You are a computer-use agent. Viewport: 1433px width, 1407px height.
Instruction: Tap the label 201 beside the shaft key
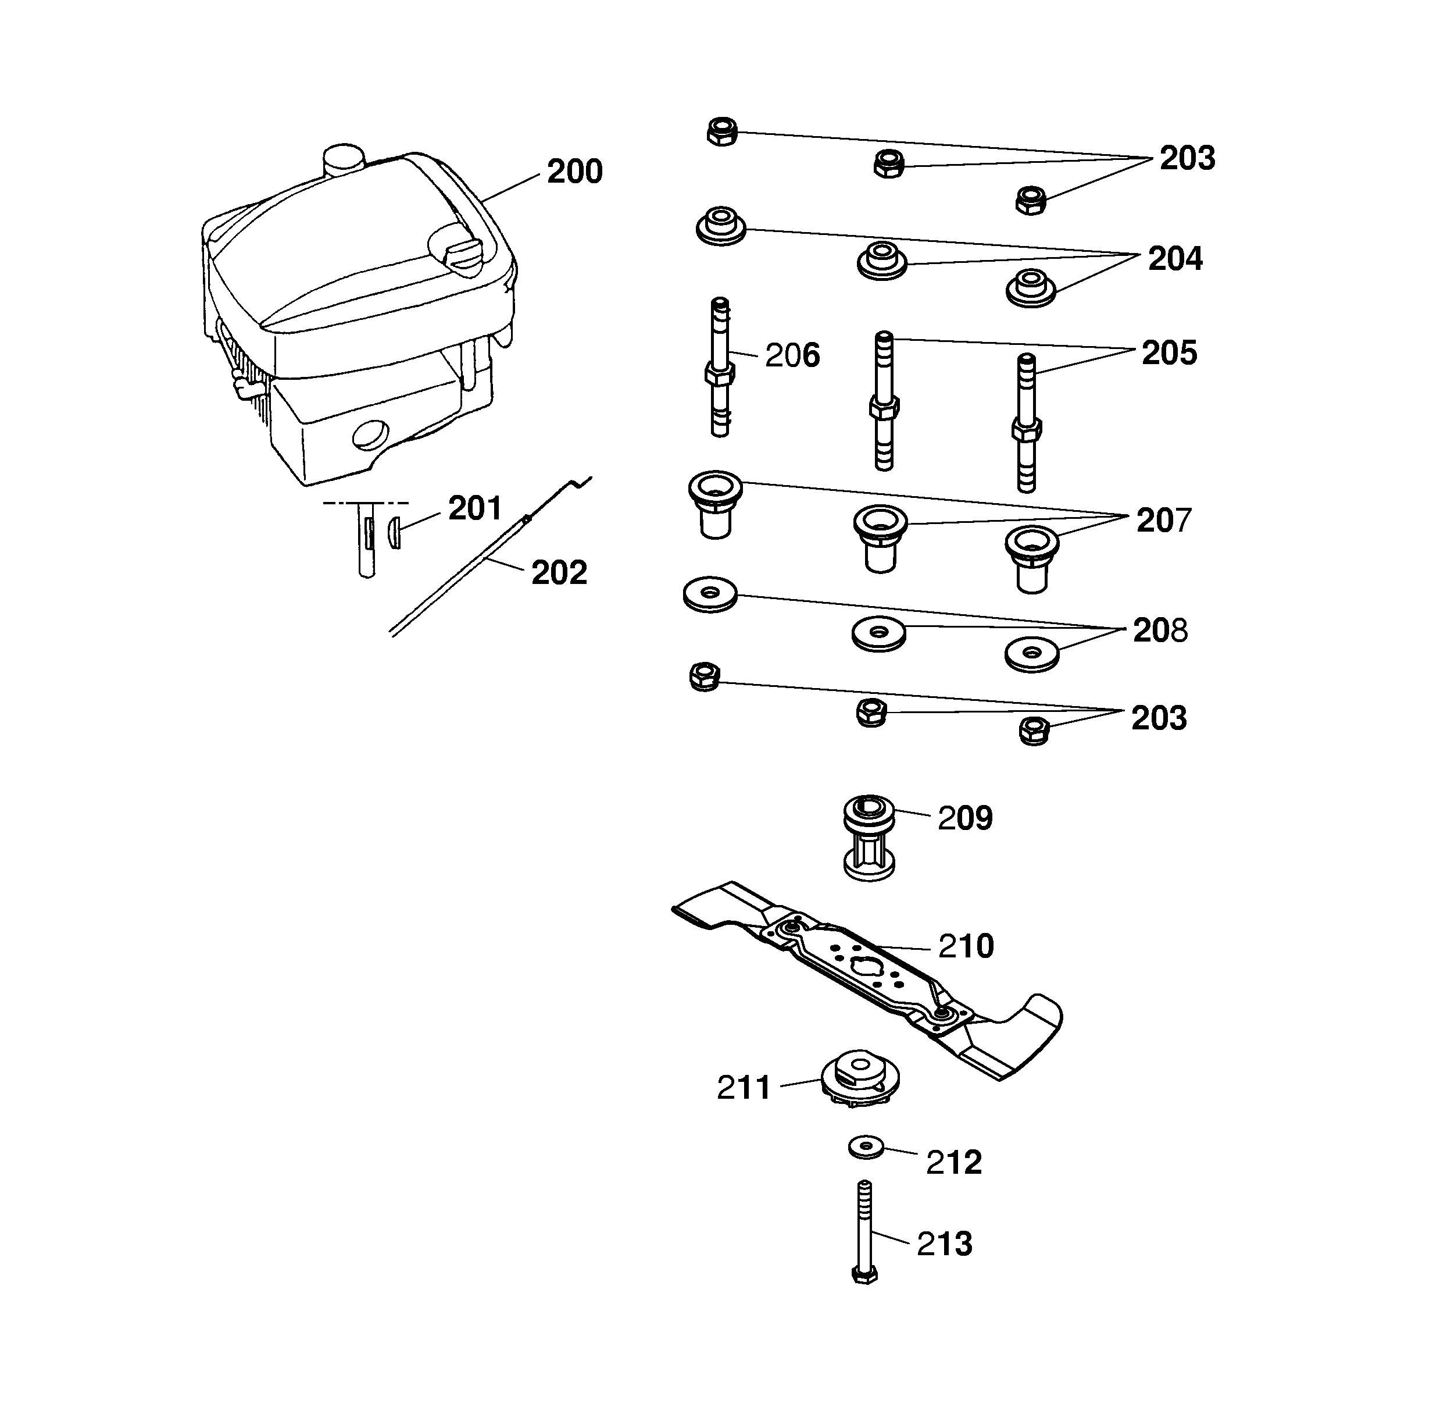coord(474,508)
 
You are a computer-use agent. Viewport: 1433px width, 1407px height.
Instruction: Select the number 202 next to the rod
coord(559,573)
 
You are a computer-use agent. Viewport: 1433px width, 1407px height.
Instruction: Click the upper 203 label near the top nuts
coord(1187,158)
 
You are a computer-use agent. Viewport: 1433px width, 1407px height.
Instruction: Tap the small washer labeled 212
coord(866,1148)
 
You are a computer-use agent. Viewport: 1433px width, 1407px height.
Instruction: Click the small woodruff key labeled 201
coord(395,533)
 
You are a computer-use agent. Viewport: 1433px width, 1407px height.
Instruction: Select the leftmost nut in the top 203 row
coord(721,131)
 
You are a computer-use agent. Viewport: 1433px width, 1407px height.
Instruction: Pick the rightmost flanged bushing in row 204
coord(1031,287)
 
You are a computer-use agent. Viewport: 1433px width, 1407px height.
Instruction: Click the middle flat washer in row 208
coord(878,634)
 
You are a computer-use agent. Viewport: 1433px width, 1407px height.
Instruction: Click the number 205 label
coord(1168,353)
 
